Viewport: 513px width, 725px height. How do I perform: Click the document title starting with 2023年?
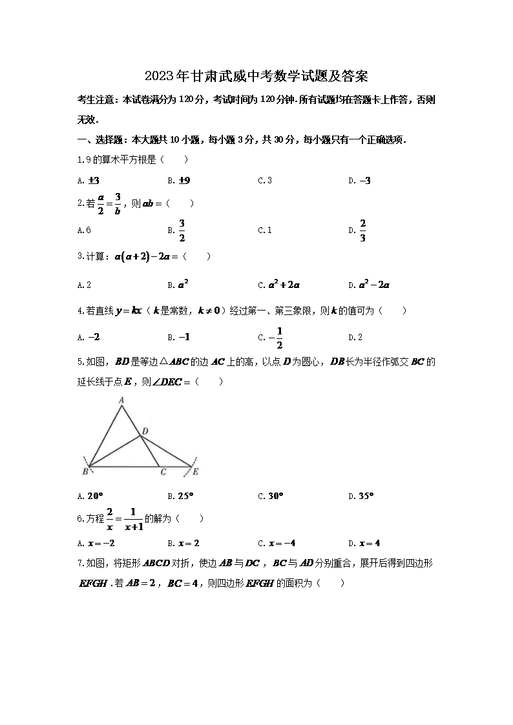(256, 77)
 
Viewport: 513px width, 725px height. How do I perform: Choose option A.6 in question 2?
(83, 230)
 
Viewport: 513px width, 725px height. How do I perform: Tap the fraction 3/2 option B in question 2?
(178, 230)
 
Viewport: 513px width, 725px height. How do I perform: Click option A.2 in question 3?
(83, 284)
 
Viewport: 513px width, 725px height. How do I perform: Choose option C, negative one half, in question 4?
(271, 337)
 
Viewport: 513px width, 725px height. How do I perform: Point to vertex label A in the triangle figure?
(121, 401)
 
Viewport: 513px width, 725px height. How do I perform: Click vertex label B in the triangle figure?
(85, 473)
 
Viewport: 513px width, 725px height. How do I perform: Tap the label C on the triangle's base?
(163, 473)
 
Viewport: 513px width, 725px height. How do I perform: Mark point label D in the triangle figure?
(145, 431)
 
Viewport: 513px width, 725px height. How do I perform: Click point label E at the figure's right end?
(195, 473)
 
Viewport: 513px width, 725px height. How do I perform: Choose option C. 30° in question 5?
(271, 496)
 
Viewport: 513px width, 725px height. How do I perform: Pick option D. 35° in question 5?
(361, 496)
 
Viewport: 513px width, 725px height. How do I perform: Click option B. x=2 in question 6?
(183, 543)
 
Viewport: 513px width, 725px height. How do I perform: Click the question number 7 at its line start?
(79, 564)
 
